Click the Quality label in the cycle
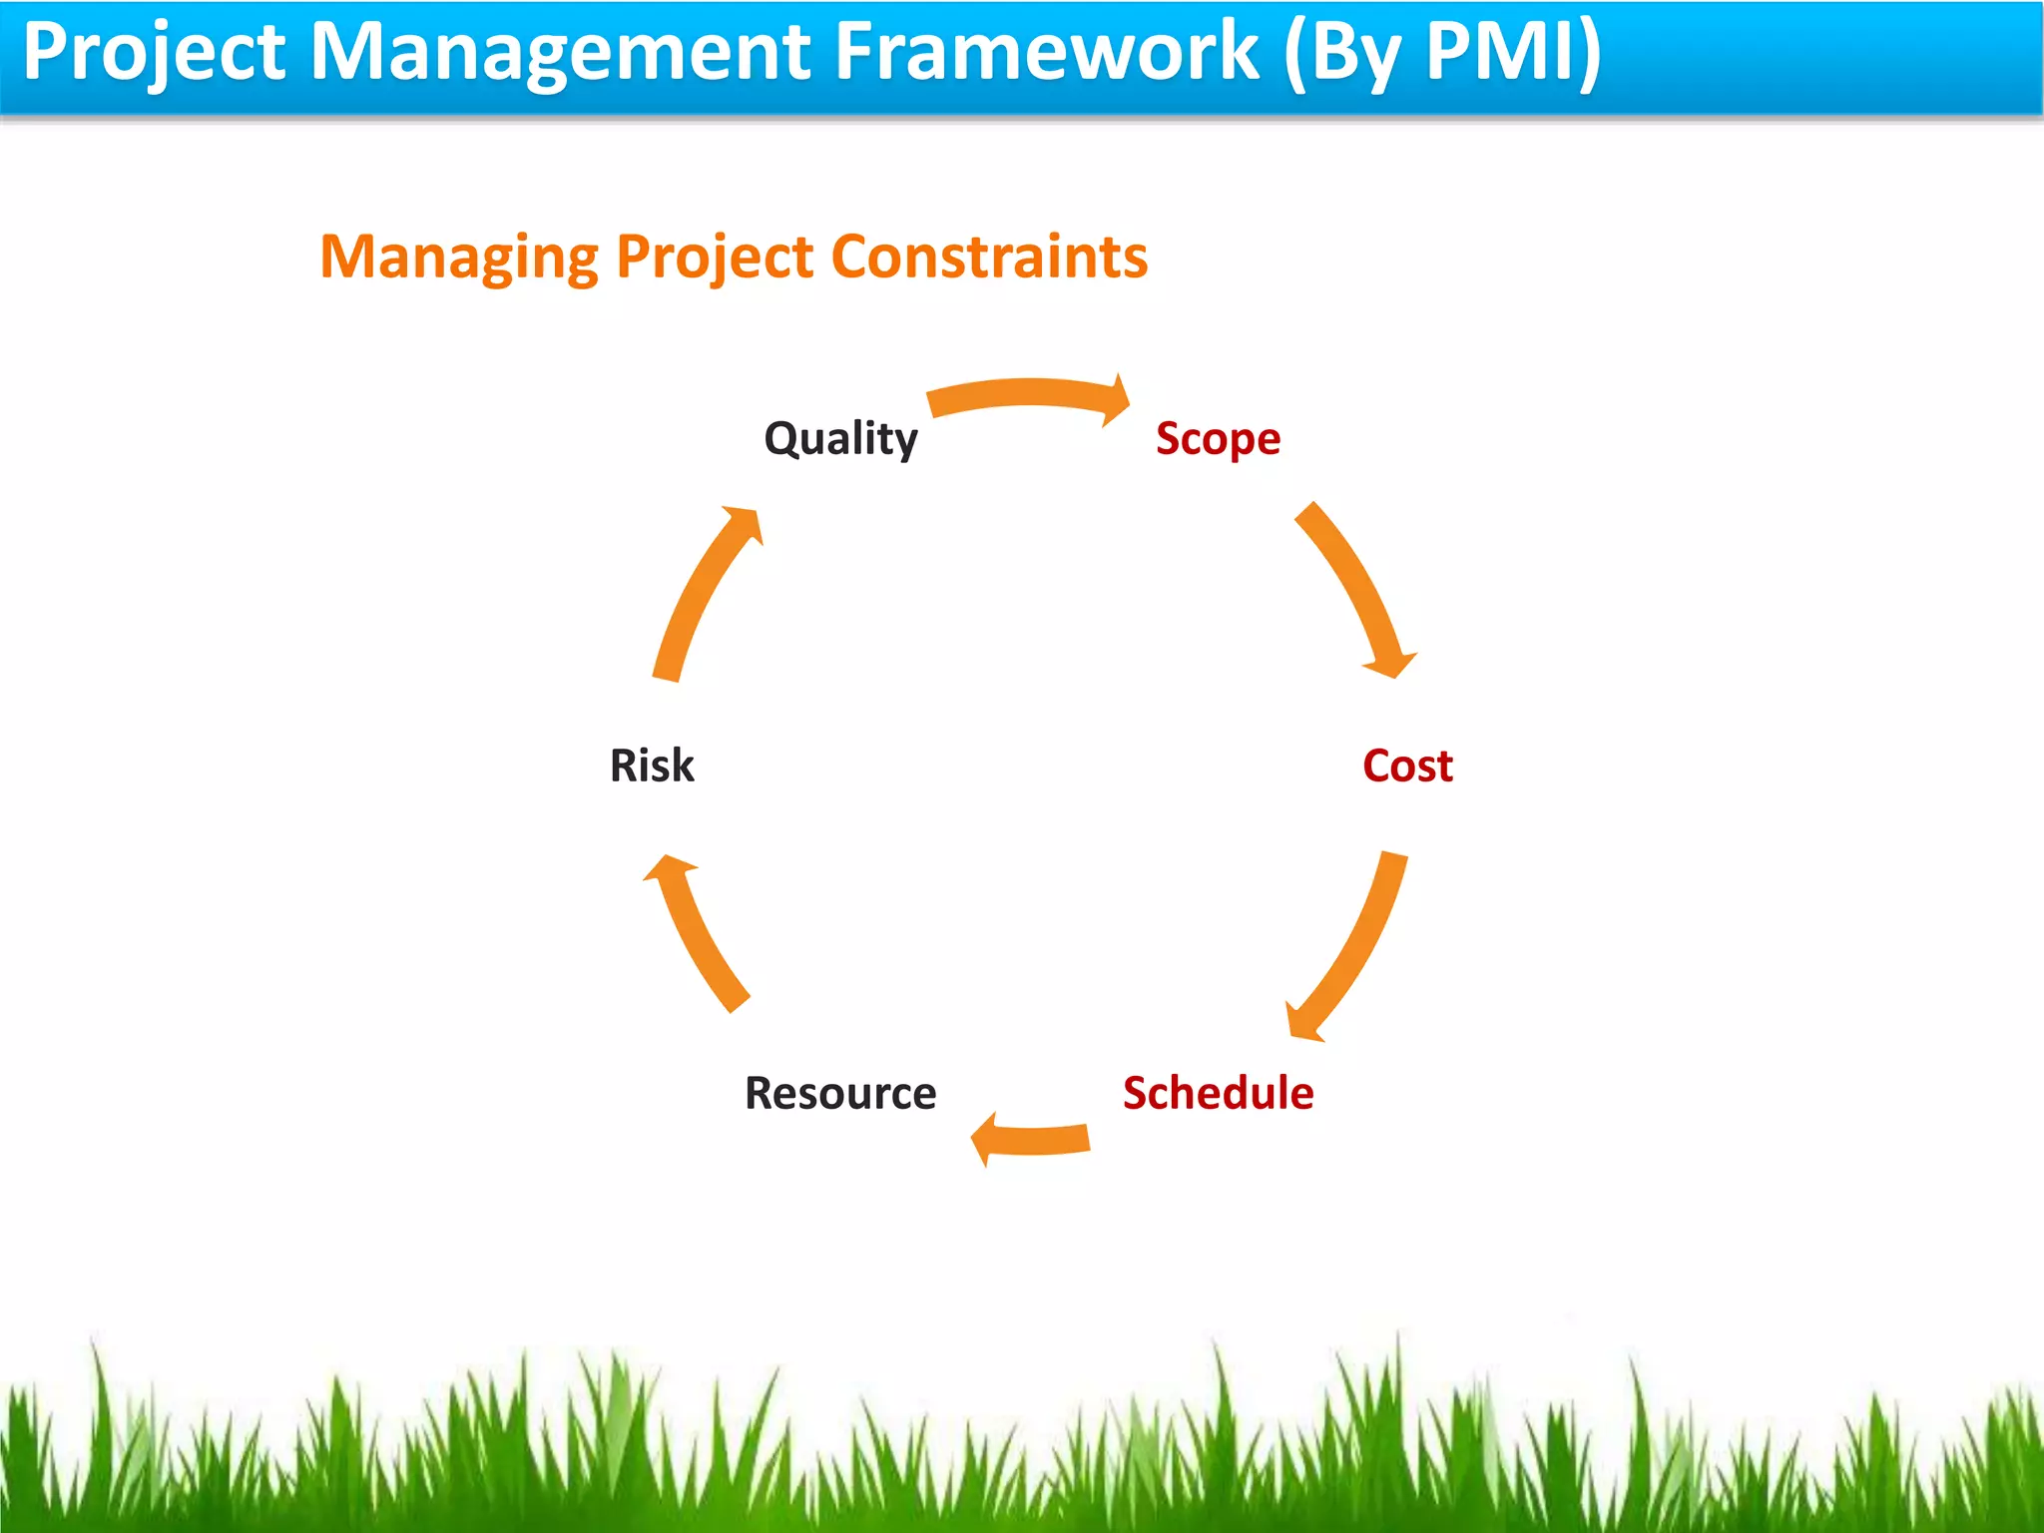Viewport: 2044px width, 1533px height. pos(840,439)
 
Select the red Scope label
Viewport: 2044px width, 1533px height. pos(1218,439)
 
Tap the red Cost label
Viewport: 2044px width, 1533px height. pos(1407,766)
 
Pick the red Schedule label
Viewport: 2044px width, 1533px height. pos(1218,1093)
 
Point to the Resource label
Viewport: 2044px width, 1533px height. pos(840,1093)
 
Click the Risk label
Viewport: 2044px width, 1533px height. pos(652,766)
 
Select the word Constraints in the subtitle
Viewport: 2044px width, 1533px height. pos(989,257)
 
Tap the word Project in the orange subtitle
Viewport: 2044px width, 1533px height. pos(715,257)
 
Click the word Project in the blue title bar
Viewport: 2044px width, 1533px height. pos(155,52)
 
